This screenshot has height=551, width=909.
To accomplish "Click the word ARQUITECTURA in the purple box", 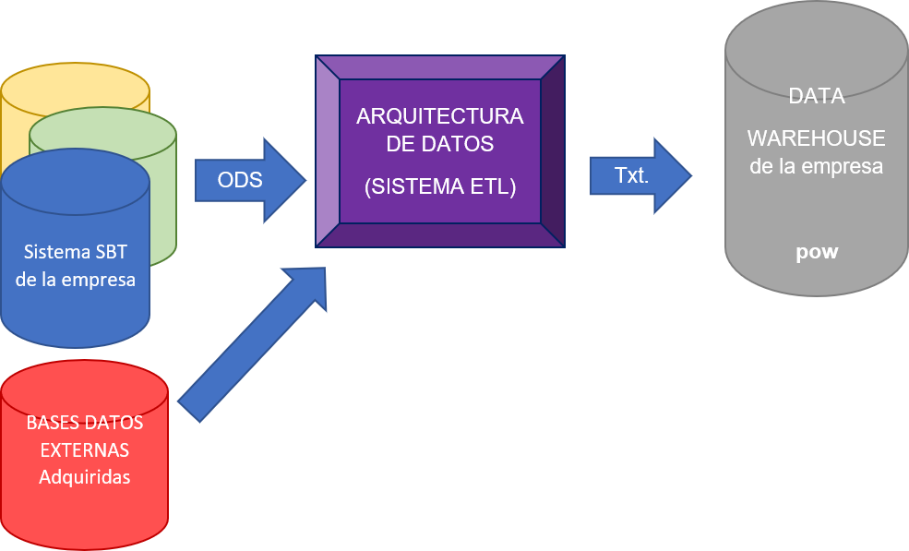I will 439,117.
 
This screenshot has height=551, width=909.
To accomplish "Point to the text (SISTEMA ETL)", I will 439,186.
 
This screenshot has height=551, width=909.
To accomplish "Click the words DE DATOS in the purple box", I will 439,145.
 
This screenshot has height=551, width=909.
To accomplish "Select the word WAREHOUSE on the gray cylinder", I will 816,138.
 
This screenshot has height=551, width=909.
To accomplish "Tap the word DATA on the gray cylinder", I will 816,96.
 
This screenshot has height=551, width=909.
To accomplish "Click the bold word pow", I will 817,251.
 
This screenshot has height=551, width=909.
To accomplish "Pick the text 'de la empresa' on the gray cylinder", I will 816,167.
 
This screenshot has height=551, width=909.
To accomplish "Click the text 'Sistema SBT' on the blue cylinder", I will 75,252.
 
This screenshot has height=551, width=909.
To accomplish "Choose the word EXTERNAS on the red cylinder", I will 84,450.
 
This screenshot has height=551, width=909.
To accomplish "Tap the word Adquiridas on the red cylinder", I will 84,477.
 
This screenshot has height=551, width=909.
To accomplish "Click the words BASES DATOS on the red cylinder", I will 84,424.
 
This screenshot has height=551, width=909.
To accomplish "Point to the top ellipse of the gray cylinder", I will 817,42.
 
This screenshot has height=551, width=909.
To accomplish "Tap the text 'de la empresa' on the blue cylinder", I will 75,279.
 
